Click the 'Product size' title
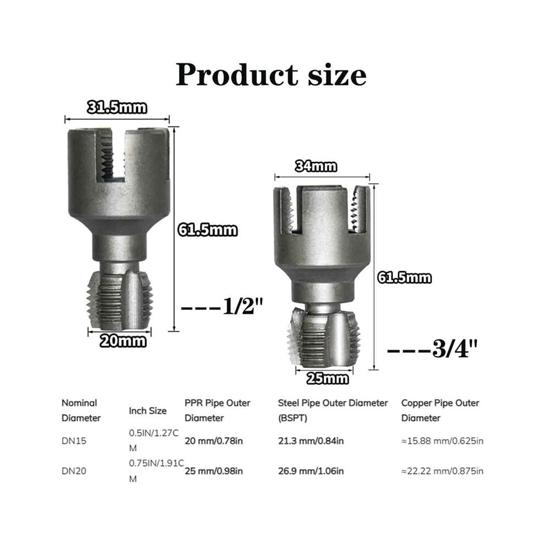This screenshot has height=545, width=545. click(271, 75)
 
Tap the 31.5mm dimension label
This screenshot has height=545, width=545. click(117, 107)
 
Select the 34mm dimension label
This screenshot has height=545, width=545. click(316, 166)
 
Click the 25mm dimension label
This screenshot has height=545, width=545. click(328, 378)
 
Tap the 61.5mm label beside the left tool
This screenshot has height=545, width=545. click(208, 230)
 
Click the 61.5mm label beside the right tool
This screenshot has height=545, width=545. click(405, 277)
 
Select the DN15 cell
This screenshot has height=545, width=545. click(74, 441)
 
